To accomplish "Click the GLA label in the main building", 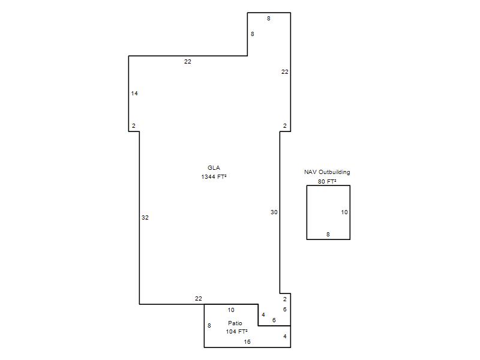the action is point(214,168).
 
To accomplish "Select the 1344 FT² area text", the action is point(214,176).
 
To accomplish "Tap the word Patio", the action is point(235,323).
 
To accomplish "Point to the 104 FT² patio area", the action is point(236,332).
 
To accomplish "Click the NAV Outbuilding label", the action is point(327,172).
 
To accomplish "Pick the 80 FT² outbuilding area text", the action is point(327,182).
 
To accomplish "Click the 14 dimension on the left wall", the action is point(134,94).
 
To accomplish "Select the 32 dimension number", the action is point(145,218).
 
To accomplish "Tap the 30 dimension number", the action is point(274,212).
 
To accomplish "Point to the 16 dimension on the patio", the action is point(247,342).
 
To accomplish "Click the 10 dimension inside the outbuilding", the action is point(344,212).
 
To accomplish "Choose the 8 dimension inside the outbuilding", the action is point(328,235).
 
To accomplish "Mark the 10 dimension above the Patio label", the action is point(231,310).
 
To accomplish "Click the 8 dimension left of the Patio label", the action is point(209,326).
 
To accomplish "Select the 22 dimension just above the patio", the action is point(199,298).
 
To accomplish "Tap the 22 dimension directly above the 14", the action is point(188,62).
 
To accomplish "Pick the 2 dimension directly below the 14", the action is point(133,126).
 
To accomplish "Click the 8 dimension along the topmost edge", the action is point(268,19).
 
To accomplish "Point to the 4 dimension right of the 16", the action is point(284,337).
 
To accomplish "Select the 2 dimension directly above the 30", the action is point(284,126).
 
